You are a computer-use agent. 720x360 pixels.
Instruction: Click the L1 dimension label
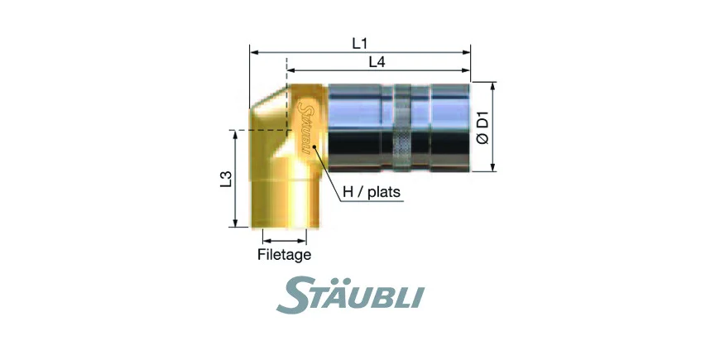pos(361,43)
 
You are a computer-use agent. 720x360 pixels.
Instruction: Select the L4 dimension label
pos(377,62)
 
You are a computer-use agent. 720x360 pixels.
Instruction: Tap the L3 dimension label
pos(225,179)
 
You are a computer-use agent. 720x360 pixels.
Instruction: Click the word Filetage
pos(284,254)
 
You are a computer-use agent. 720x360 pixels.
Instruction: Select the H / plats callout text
pos(372,192)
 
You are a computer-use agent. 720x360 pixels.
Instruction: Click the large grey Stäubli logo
pos(350,295)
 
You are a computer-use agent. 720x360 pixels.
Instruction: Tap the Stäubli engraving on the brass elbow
pos(304,127)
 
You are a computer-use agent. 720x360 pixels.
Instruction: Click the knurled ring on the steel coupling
pos(403,128)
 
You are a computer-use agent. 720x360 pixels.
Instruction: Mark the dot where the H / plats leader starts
pos(314,147)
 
